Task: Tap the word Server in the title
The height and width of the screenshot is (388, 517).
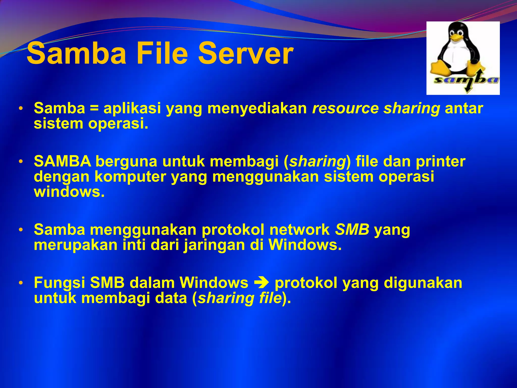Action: [245, 54]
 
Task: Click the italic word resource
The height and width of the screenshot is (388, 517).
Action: [345, 108]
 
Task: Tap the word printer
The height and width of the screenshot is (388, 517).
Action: [440, 161]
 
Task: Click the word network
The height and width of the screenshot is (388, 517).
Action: [299, 230]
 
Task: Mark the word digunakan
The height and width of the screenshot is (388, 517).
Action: [423, 283]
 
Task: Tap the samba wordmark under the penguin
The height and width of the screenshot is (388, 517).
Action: [466, 80]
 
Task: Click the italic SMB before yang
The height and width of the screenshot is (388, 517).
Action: [352, 230]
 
